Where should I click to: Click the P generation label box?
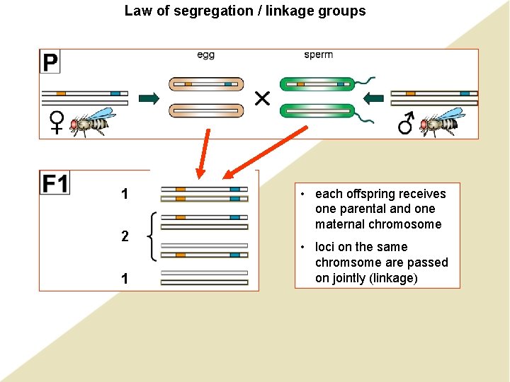click(x=50, y=62)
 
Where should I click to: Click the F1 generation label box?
click(x=55, y=183)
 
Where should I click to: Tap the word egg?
click(x=205, y=55)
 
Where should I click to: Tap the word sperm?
click(x=318, y=55)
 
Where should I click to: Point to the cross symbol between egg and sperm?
click(x=262, y=98)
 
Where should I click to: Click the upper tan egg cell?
click(x=206, y=84)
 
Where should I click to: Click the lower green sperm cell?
click(x=318, y=111)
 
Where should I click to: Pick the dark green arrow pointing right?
click(x=149, y=98)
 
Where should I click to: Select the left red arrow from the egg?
click(x=204, y=152)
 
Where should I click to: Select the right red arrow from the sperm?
click(x=265, y=152)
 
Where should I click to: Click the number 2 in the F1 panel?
click(x=125, y=236)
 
